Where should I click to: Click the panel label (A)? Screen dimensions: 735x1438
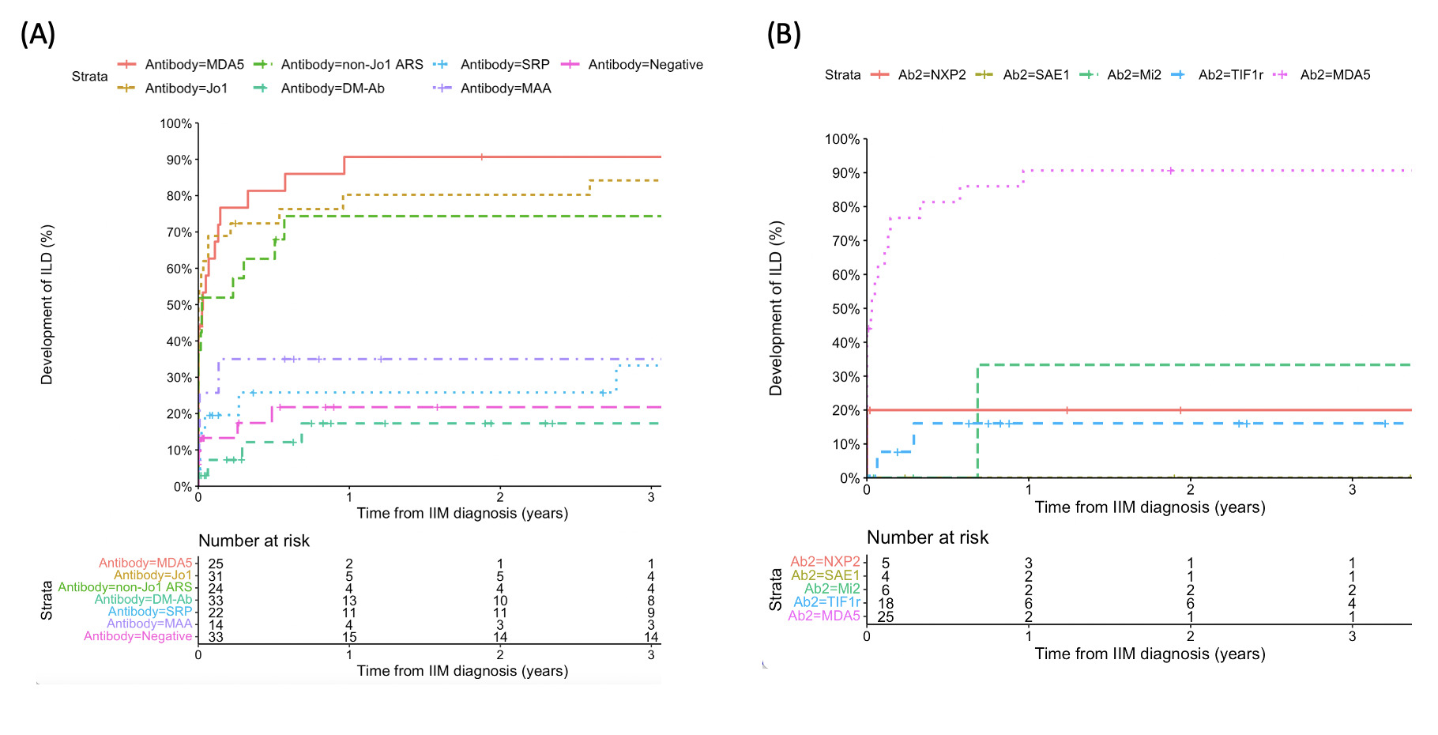37,34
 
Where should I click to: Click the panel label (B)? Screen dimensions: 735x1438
784,34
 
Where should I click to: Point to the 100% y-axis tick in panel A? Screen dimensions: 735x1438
176,124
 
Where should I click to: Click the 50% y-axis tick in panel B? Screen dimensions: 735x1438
845,309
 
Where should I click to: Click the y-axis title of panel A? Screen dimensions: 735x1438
47,304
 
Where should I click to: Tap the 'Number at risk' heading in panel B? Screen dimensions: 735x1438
928,537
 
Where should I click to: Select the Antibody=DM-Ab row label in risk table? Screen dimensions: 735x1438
143,600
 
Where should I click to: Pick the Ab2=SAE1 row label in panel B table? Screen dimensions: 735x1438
825,575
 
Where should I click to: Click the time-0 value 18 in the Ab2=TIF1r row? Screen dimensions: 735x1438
886,604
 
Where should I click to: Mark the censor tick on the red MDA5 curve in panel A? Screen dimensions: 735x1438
481,157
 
